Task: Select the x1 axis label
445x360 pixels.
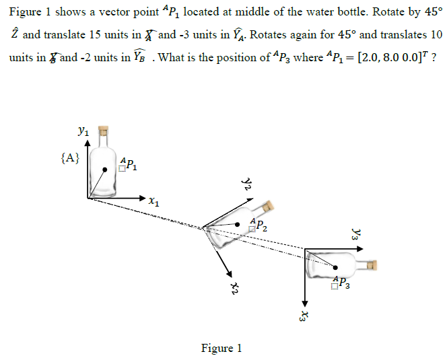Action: [154, 201]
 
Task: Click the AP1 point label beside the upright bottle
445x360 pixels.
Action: [129, 164]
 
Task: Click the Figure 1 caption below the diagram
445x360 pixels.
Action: [221, 348]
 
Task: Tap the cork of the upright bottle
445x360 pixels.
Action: [104, 132]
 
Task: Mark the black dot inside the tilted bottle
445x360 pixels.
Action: [237, 224]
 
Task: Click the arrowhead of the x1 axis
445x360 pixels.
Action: [141, 199]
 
